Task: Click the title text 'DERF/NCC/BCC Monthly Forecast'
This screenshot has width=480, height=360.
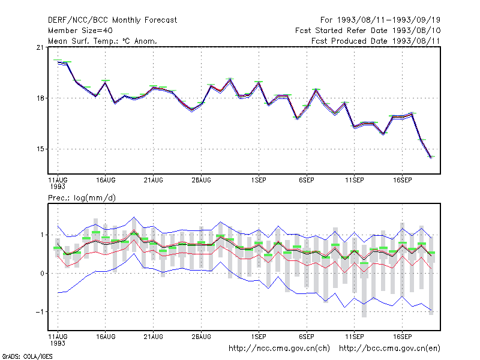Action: (x=112, y=20)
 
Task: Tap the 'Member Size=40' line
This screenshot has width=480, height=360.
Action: (x=80, y=31)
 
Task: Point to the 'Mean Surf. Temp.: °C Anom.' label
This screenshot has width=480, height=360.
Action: (x=103, y=41)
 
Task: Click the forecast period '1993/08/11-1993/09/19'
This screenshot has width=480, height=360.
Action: (x=389, y=20)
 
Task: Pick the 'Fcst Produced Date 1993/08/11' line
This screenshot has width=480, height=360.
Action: (x=376, y=41)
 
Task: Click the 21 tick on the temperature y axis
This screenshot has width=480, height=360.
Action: (x=40, y=47)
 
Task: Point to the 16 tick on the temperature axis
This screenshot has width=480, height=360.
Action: (x=40, y=98)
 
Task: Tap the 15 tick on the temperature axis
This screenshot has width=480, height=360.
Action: (x=40, y=149)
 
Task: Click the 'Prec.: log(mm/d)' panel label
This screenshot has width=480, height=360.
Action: (x=82, y=198)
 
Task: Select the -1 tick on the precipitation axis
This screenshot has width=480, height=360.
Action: (x=40, y=311)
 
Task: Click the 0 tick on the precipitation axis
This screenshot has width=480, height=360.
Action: (x=42, y=274)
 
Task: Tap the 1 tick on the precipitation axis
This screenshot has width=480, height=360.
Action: (x=42, y=235)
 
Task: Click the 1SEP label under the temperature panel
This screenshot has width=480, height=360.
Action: (x=259, y=181)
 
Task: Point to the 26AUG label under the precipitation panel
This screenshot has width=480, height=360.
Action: (x=201, y=337)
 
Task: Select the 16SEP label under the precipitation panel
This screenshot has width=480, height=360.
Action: (x=402, y=337)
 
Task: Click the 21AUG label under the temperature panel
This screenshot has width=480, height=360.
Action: (x=154, y=181)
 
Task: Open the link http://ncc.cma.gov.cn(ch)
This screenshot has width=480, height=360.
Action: (x=279, y=349)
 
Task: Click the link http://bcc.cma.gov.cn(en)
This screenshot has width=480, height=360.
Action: (x=389, y=349)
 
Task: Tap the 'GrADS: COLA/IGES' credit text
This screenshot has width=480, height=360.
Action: (x=27, y=356)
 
